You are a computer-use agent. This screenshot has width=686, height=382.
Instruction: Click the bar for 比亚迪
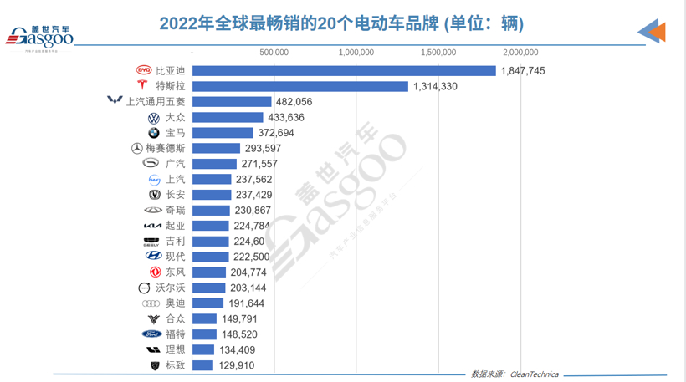click(344, 70)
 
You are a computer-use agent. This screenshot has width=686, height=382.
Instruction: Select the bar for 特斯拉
click(299, 86)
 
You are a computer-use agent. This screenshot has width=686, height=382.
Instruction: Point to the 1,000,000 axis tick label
click(356, 53)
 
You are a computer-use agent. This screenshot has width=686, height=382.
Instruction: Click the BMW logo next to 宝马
click(153, 133)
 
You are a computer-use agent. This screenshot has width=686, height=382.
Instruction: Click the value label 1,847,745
click(523, 71)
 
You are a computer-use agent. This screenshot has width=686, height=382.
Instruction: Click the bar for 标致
click(202, 365)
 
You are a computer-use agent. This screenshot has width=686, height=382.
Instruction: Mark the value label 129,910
click(235, 365)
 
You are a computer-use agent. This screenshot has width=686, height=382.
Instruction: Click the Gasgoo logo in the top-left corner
click(39, 36)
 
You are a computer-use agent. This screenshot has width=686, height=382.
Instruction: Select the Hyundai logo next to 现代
click(153, 257)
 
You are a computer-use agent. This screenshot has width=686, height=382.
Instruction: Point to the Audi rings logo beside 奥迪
click(151, 303)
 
